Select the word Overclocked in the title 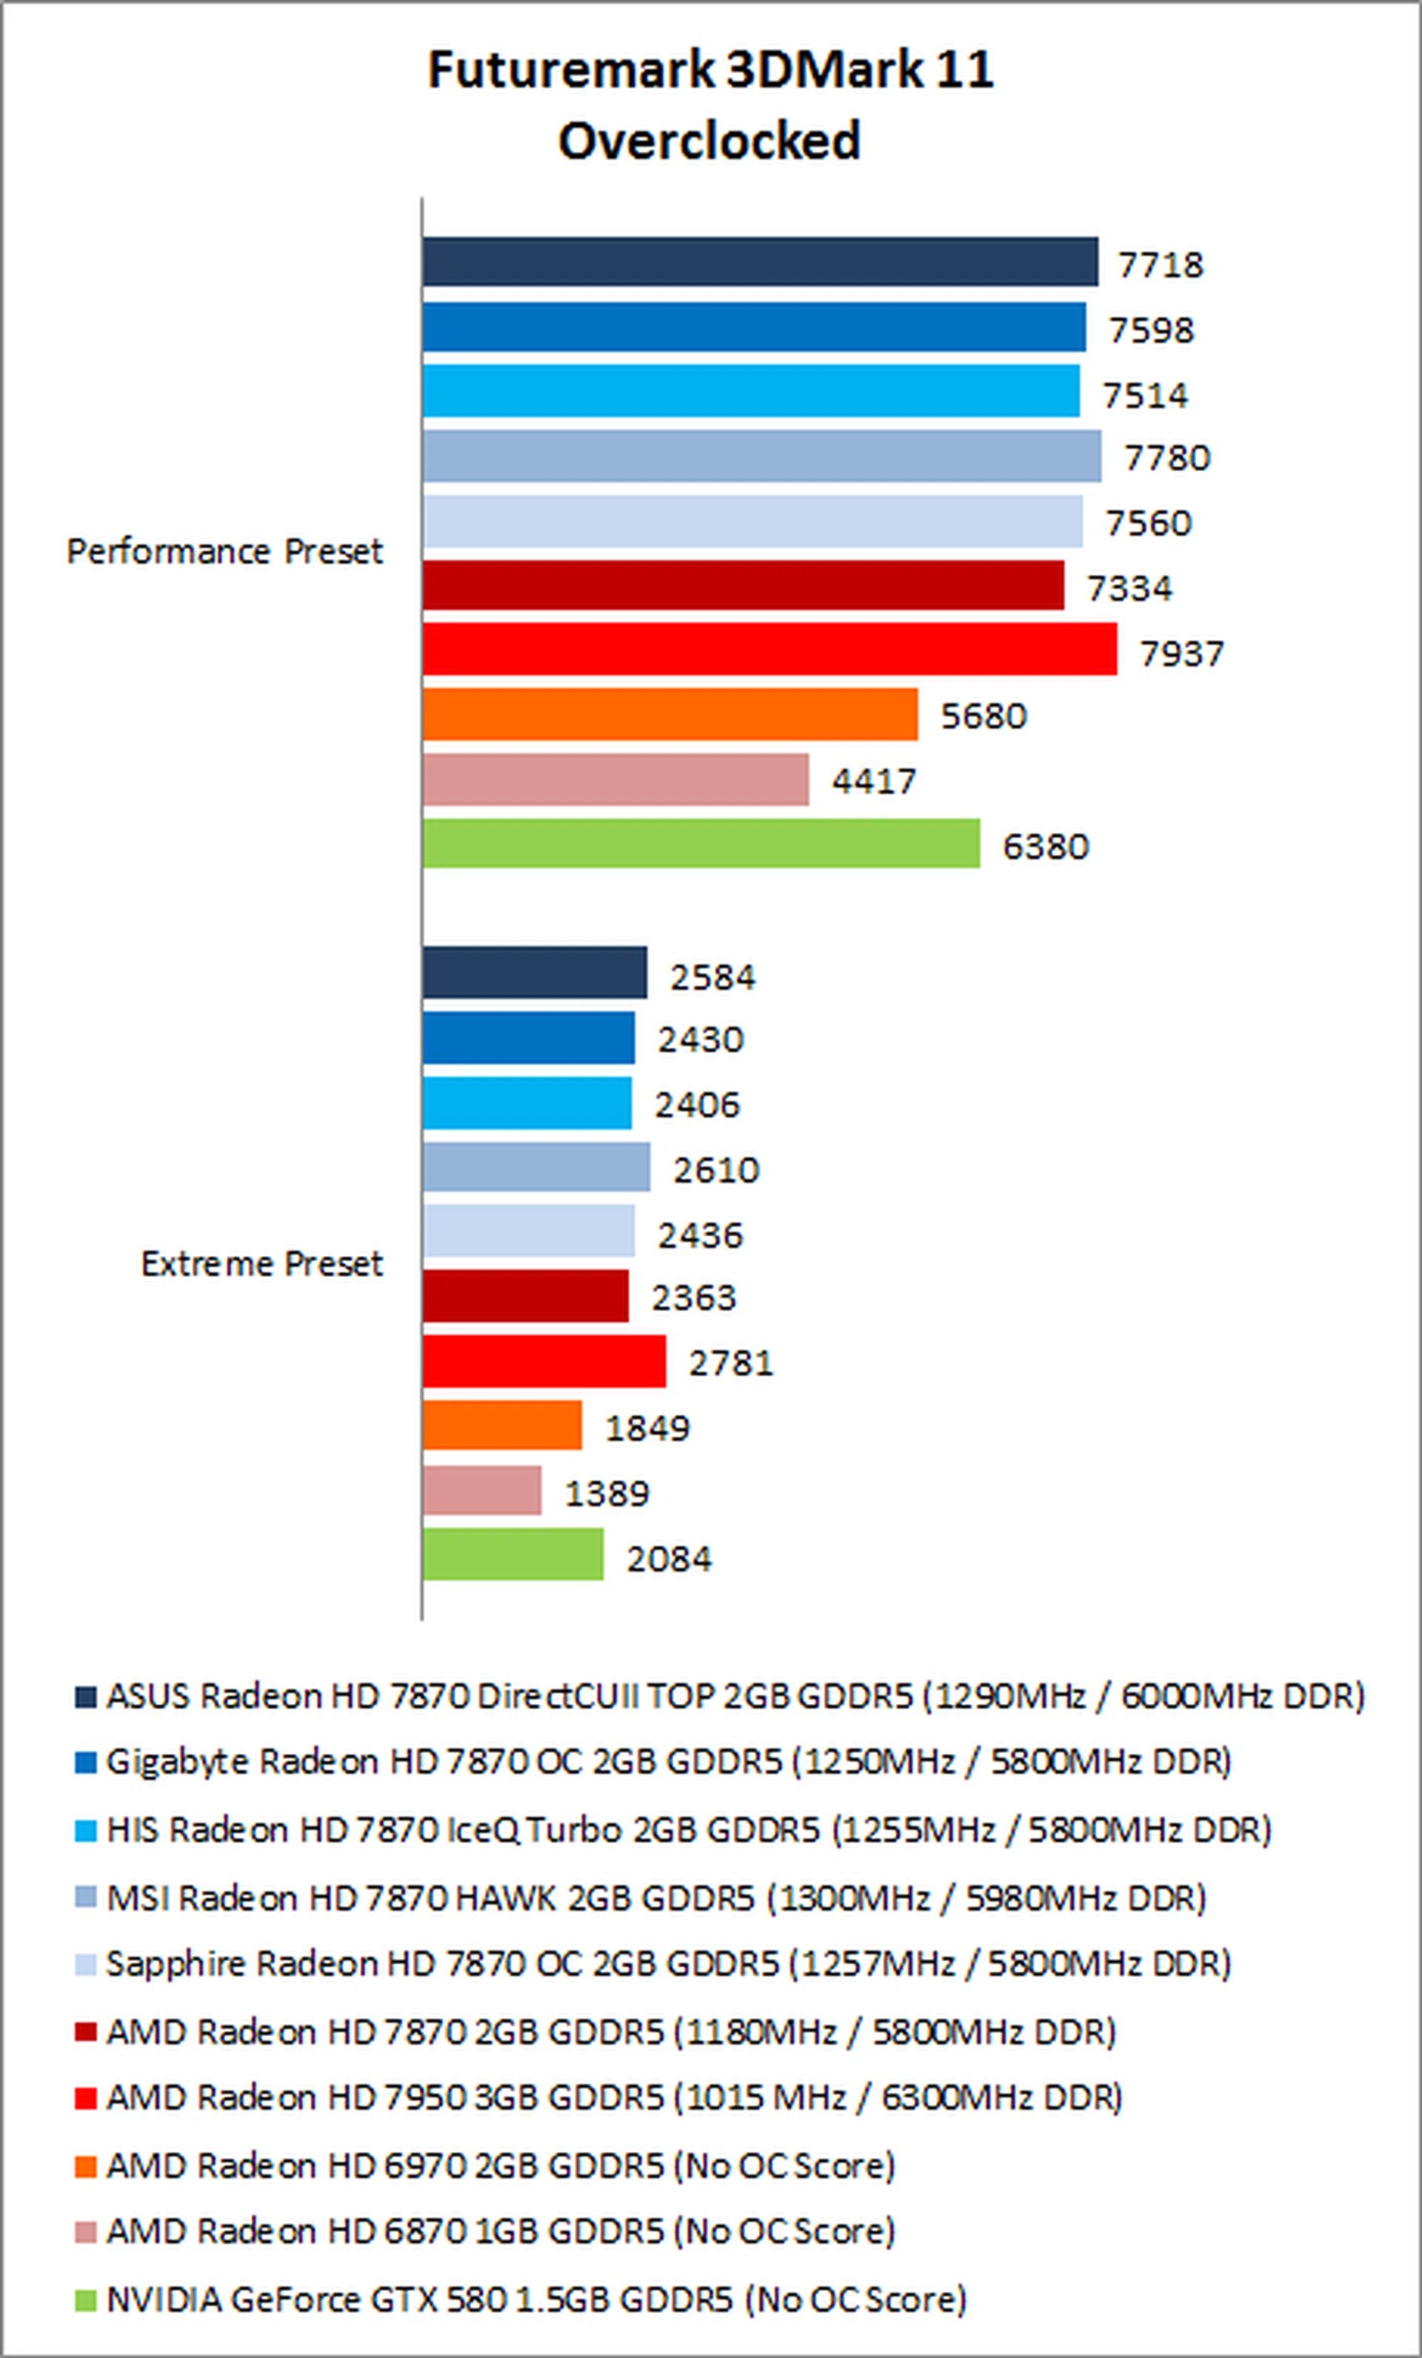tap(709, 141)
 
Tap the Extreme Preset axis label tap(261, 1263)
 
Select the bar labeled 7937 tap(770, 649)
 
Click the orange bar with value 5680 tap(670, 714)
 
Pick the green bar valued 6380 tap(701, 843)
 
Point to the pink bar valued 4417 tap(615, 779)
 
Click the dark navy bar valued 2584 tap(535, 972)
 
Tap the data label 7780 tap(1166, 458)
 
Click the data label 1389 tap(607, 1493)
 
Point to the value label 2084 tap(669, 1559)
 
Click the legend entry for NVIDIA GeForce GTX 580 tap(536, 2299)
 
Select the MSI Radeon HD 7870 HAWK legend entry tap(655, 1897)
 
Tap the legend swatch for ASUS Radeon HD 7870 tap(86, 1697)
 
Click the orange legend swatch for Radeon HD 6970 tap(86, 2165)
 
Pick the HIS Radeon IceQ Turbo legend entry tap(688, 1830)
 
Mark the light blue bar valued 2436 tap(528, 1231)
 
